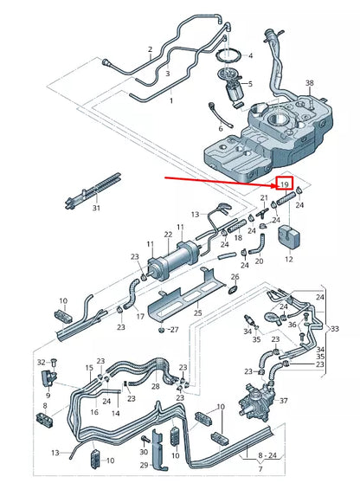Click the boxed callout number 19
click(x=282, y=185)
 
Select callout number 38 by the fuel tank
click(x=309, y=83)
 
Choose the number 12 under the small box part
click(x=288, y=259)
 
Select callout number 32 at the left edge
click(x=41, y=361)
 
